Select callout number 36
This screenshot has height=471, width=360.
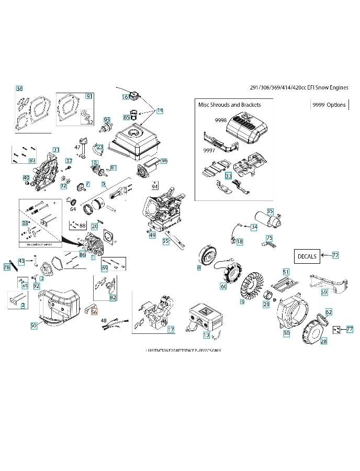(x=19, y=88)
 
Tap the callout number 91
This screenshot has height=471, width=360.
(x=89, y=96)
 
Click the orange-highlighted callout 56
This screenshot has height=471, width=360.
(x=94, y=312)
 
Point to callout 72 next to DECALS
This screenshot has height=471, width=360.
(x=335, y=255)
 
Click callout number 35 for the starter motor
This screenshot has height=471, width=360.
(x=270, y=211)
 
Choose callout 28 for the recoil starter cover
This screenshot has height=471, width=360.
(x=323, y=341)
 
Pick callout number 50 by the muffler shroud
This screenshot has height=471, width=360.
(x=33, y=326)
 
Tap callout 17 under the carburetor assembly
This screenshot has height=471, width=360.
(x=171, y=329)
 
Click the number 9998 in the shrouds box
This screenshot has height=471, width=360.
(x=220, y=120)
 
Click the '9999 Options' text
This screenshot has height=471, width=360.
(x=329, y=105)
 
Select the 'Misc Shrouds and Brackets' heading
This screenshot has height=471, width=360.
(x=229, y=105)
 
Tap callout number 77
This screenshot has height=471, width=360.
(x=350, y=329)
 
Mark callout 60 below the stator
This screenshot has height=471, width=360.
(x=223, y=286)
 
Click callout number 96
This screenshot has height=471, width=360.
(x=164, y=161)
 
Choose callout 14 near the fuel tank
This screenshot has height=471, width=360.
(x=160, y=111)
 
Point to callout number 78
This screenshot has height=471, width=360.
(x=7, y=267)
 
